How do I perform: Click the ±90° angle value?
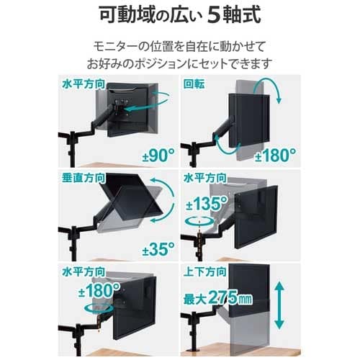click(x=158, y=156)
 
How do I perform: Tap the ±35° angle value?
click(x=158, y=249)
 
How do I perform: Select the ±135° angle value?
click(x=207, y=204)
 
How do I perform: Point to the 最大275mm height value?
click(x=218, y=298)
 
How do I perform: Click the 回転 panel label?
click(x=194, y=84)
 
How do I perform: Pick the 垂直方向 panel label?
click(x=84, y=178)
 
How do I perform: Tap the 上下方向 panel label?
click(x=205, y=271)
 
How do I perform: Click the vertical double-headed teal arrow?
click(x=279, y=305)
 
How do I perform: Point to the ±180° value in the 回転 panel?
click(x=275, y=156)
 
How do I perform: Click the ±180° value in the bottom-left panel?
click(x=99, y=290)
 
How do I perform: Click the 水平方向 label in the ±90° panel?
click(x=84, y=84)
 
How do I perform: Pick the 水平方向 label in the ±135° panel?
click(x=205, y=178)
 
